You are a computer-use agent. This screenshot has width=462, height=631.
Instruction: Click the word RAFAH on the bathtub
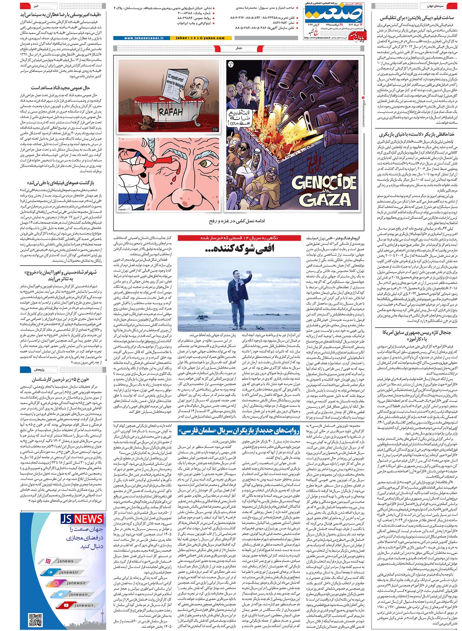point(171,112)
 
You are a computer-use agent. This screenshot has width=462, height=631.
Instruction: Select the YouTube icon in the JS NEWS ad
point(66,605)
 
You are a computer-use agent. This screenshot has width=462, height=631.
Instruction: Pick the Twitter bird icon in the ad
point(61,594)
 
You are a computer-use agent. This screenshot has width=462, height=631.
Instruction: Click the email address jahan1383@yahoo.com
point(200,38)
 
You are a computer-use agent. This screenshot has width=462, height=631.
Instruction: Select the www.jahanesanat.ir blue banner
point(144,38)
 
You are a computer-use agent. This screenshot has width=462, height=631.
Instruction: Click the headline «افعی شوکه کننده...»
point(239,248)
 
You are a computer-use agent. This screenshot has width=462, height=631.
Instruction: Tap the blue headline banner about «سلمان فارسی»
point(239,431)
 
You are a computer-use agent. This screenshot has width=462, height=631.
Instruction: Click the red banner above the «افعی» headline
point(239,238)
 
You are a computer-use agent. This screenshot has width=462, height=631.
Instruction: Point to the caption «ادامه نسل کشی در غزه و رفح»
point(237,221)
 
